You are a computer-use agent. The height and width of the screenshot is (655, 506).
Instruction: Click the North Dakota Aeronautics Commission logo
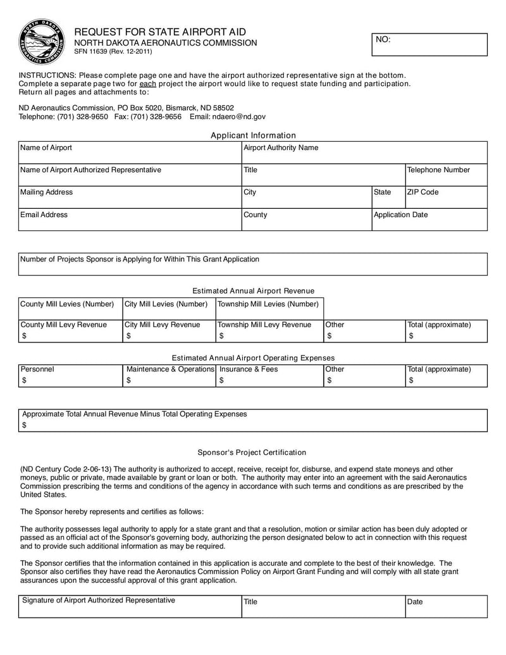(x=40, y=42)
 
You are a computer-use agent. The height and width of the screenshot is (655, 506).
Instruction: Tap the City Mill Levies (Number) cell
(x=168, y=308)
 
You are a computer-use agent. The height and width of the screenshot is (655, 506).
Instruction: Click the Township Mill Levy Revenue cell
(x=269, y=331)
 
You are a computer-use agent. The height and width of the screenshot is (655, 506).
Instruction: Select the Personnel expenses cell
(x=70, y=375)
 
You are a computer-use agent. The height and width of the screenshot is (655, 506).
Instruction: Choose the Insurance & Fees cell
(x=269, y=375)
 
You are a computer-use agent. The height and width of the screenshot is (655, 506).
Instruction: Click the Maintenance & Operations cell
(x=169, y=375)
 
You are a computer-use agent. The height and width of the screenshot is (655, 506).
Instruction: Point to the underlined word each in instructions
(x=147, y=84)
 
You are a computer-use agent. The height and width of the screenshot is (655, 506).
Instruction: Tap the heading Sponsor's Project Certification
(x=252, y=452)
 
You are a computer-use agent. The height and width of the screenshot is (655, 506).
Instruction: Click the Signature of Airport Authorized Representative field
(x=130, y=606)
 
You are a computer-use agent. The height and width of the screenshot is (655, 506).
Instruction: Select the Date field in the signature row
(x=447, y=606)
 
